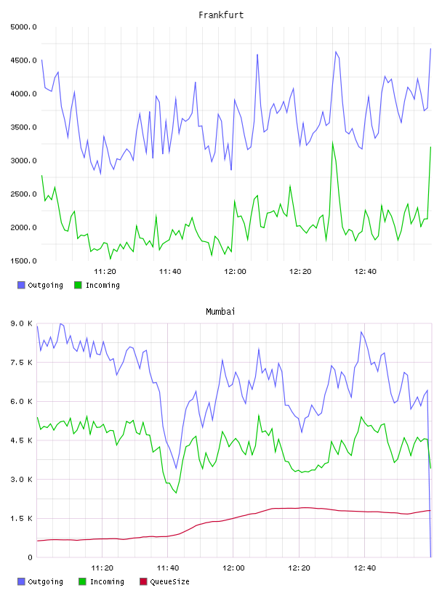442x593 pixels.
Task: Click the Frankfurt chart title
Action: (x=221, y=15)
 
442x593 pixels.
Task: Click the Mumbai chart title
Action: (x=220, y=312)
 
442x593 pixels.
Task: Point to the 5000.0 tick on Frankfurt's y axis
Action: (x=24, y=27)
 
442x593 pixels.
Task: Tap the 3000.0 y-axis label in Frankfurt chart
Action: (x=24, y=161)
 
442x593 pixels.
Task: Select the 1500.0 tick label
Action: (x=24, y=261)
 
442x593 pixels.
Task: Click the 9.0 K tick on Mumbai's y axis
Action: (x=22, y=323)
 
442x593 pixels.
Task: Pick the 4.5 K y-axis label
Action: (x=22, y=440)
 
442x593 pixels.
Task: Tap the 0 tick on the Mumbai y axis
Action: (x=30, y=557)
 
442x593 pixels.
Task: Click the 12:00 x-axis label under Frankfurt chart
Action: (x=235, y=272)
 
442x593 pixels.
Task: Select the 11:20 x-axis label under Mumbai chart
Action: (x=103, y=568)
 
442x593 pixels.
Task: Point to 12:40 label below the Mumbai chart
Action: (x=365, y=568)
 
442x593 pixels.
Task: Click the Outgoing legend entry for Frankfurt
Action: (x=40, y=285)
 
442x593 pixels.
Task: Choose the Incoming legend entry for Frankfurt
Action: (x=97, y=285)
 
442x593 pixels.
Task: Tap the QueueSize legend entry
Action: (x=164, y=581)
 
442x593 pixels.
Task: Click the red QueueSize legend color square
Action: (x=143, y=581)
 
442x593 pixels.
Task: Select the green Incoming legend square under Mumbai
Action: (x=82, y=581)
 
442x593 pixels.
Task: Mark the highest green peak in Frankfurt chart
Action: (x=333, y=142)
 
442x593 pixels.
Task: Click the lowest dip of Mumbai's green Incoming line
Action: (x=177, y=493)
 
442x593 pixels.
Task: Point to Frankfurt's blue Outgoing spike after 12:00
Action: (x=257, y=55)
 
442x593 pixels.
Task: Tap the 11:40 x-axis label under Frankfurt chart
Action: (x=170, y=272)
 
